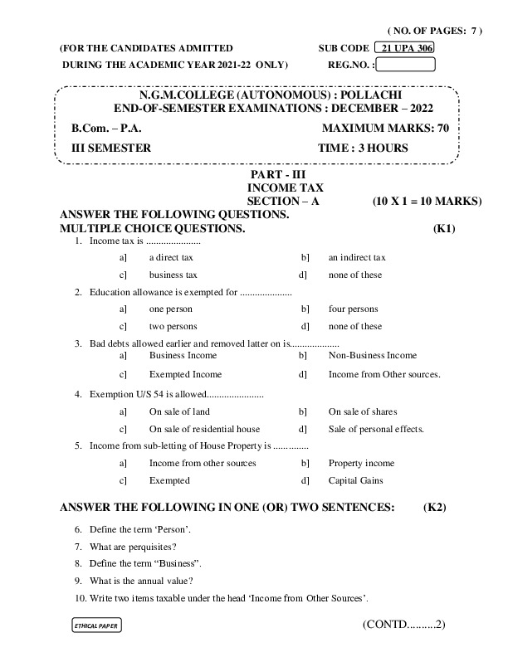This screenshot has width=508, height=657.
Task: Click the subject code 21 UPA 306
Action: click(404, 48)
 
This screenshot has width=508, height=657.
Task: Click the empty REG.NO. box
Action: click(405, 64)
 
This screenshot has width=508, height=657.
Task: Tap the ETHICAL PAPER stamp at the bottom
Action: click(97, 625)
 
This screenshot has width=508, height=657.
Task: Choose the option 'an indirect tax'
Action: click(357, 257)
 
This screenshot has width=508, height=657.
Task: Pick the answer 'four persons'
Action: click(353, 309)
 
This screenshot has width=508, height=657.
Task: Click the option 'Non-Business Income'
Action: click(373, 355)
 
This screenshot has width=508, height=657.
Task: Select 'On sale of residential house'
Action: click(204, 429)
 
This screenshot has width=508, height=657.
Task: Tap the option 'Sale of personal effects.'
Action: click(376, 429)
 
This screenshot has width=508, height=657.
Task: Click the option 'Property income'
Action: click(361, 463)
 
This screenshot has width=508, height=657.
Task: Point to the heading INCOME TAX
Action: click(276, 189)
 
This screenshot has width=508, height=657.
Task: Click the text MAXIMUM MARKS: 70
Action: click(384, 129)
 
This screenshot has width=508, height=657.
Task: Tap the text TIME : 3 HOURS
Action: click(363, 148)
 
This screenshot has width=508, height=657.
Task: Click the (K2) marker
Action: click(435, 506)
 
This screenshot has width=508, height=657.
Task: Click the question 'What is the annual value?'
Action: click(141, 580)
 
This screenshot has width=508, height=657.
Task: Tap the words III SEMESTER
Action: click(111, 148)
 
